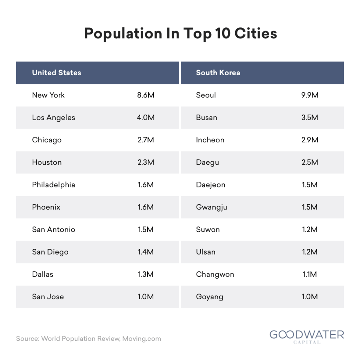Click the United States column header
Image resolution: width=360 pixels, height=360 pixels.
57,73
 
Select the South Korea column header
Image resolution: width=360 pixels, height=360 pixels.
218,73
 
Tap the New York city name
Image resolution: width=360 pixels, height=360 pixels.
48,95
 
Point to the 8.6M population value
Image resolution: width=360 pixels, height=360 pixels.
146,95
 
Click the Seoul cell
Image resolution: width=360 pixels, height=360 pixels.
206,95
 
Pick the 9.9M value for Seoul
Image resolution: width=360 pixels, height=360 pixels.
310,95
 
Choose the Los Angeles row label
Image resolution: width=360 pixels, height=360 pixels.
53,117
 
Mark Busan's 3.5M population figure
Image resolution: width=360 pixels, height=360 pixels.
310,117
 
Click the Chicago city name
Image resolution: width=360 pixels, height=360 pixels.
47,140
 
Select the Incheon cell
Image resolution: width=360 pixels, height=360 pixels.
210,140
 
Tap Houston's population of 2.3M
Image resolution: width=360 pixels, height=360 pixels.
146,162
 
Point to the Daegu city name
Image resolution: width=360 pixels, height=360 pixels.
207,162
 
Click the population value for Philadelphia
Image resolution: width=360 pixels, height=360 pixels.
146,185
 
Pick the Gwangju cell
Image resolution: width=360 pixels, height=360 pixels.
212,207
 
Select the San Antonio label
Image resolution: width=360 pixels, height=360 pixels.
53,230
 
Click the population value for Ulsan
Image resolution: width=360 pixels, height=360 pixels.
310,252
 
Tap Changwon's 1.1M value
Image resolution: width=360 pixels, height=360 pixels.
310,274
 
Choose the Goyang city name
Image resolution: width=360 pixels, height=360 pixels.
210,297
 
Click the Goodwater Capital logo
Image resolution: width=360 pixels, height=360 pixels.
307,336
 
